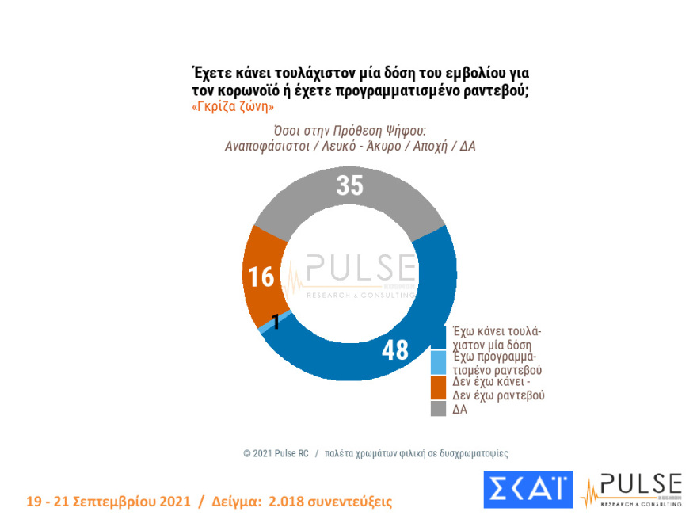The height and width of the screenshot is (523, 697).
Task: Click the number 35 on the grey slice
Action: point(349,185)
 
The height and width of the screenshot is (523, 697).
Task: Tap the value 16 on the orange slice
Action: point(261,277)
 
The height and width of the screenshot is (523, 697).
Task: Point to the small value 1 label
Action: point(276,321)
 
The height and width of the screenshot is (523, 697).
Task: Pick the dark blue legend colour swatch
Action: point(437,338)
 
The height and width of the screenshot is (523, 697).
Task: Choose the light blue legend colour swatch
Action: point(437,363)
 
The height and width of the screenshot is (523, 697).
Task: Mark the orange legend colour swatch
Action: point(437,387)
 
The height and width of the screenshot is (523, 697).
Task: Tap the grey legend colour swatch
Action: point(437,408)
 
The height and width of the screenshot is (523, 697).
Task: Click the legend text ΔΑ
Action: point(460,409)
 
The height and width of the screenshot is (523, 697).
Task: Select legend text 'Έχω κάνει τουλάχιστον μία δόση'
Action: point(497,338)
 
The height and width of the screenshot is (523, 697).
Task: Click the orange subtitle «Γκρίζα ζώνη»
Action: point(233,106)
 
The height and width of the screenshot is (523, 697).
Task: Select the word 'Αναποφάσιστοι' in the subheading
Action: point(261,147)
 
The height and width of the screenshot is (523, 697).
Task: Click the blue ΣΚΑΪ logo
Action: point(528,490)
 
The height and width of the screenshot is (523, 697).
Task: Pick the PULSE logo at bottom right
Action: point(631,490)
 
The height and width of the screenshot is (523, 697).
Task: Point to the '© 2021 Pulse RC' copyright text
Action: point(276,453)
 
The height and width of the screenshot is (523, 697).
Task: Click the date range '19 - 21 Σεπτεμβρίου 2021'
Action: point(109,502)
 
